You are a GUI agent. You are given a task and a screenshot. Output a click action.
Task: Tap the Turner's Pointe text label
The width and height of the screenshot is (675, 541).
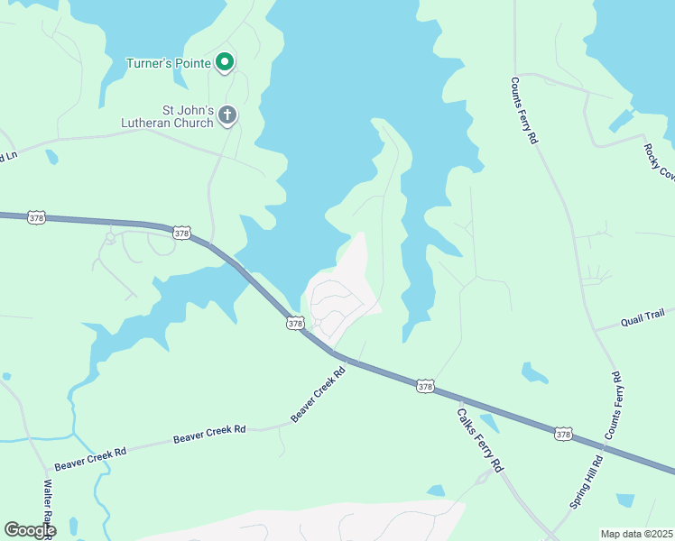pos(169,63)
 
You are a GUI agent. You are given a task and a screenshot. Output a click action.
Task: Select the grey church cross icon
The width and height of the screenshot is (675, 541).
pos(227,115)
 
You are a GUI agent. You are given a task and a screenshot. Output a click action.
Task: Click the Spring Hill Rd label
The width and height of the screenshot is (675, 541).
pos(587,482)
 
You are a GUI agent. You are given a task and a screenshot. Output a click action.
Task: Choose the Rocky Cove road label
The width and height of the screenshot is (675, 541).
pos(660,162)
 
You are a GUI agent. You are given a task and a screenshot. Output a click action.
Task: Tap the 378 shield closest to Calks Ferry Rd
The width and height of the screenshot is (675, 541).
pos(426,386)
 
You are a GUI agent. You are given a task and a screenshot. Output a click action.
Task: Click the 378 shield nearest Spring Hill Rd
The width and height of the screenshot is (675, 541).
pos(564,434)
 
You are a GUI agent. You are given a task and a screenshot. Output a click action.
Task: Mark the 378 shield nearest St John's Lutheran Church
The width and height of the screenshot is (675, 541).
pos(182,233)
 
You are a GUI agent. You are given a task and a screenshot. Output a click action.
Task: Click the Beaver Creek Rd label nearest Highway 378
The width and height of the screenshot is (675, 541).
pos(319,394)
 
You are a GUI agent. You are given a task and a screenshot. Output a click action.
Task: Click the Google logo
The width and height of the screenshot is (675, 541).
pos(30,529)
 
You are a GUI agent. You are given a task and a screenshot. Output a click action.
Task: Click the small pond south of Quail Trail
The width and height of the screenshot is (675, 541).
pos(534,371)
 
